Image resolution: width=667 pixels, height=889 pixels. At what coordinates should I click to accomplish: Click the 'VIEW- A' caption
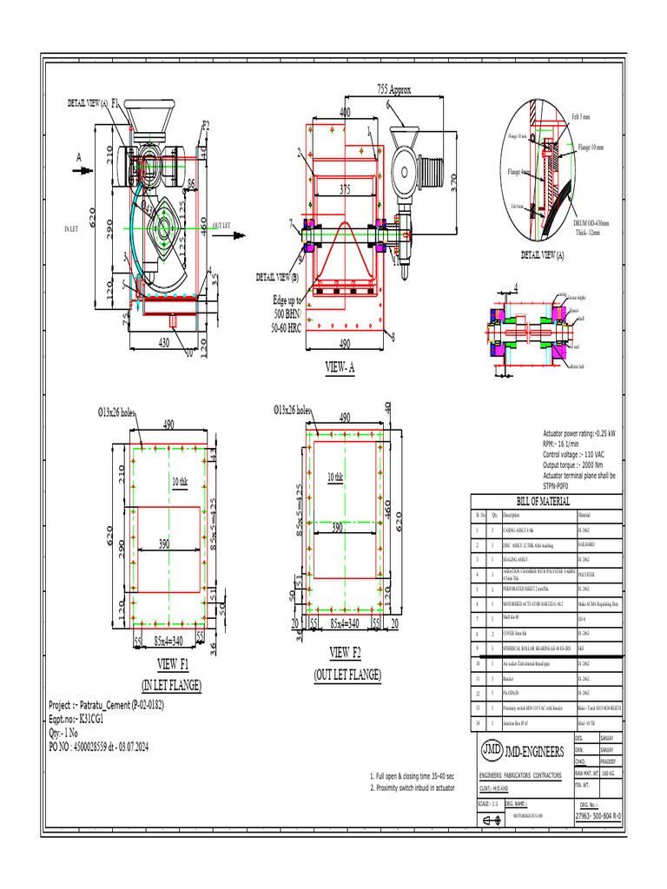[x=340, y=368]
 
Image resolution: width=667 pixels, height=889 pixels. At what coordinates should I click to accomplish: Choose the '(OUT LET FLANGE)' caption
[x=347, y=674]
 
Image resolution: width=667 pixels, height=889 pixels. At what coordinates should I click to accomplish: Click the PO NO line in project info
[x=98, y=746]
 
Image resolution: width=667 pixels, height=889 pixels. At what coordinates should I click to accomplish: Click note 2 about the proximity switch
[x=412, y=787]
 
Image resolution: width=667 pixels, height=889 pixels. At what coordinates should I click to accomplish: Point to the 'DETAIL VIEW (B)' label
[x=277, y=277]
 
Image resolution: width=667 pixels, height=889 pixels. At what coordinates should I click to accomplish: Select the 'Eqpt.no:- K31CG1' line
[x=76, y=720]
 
